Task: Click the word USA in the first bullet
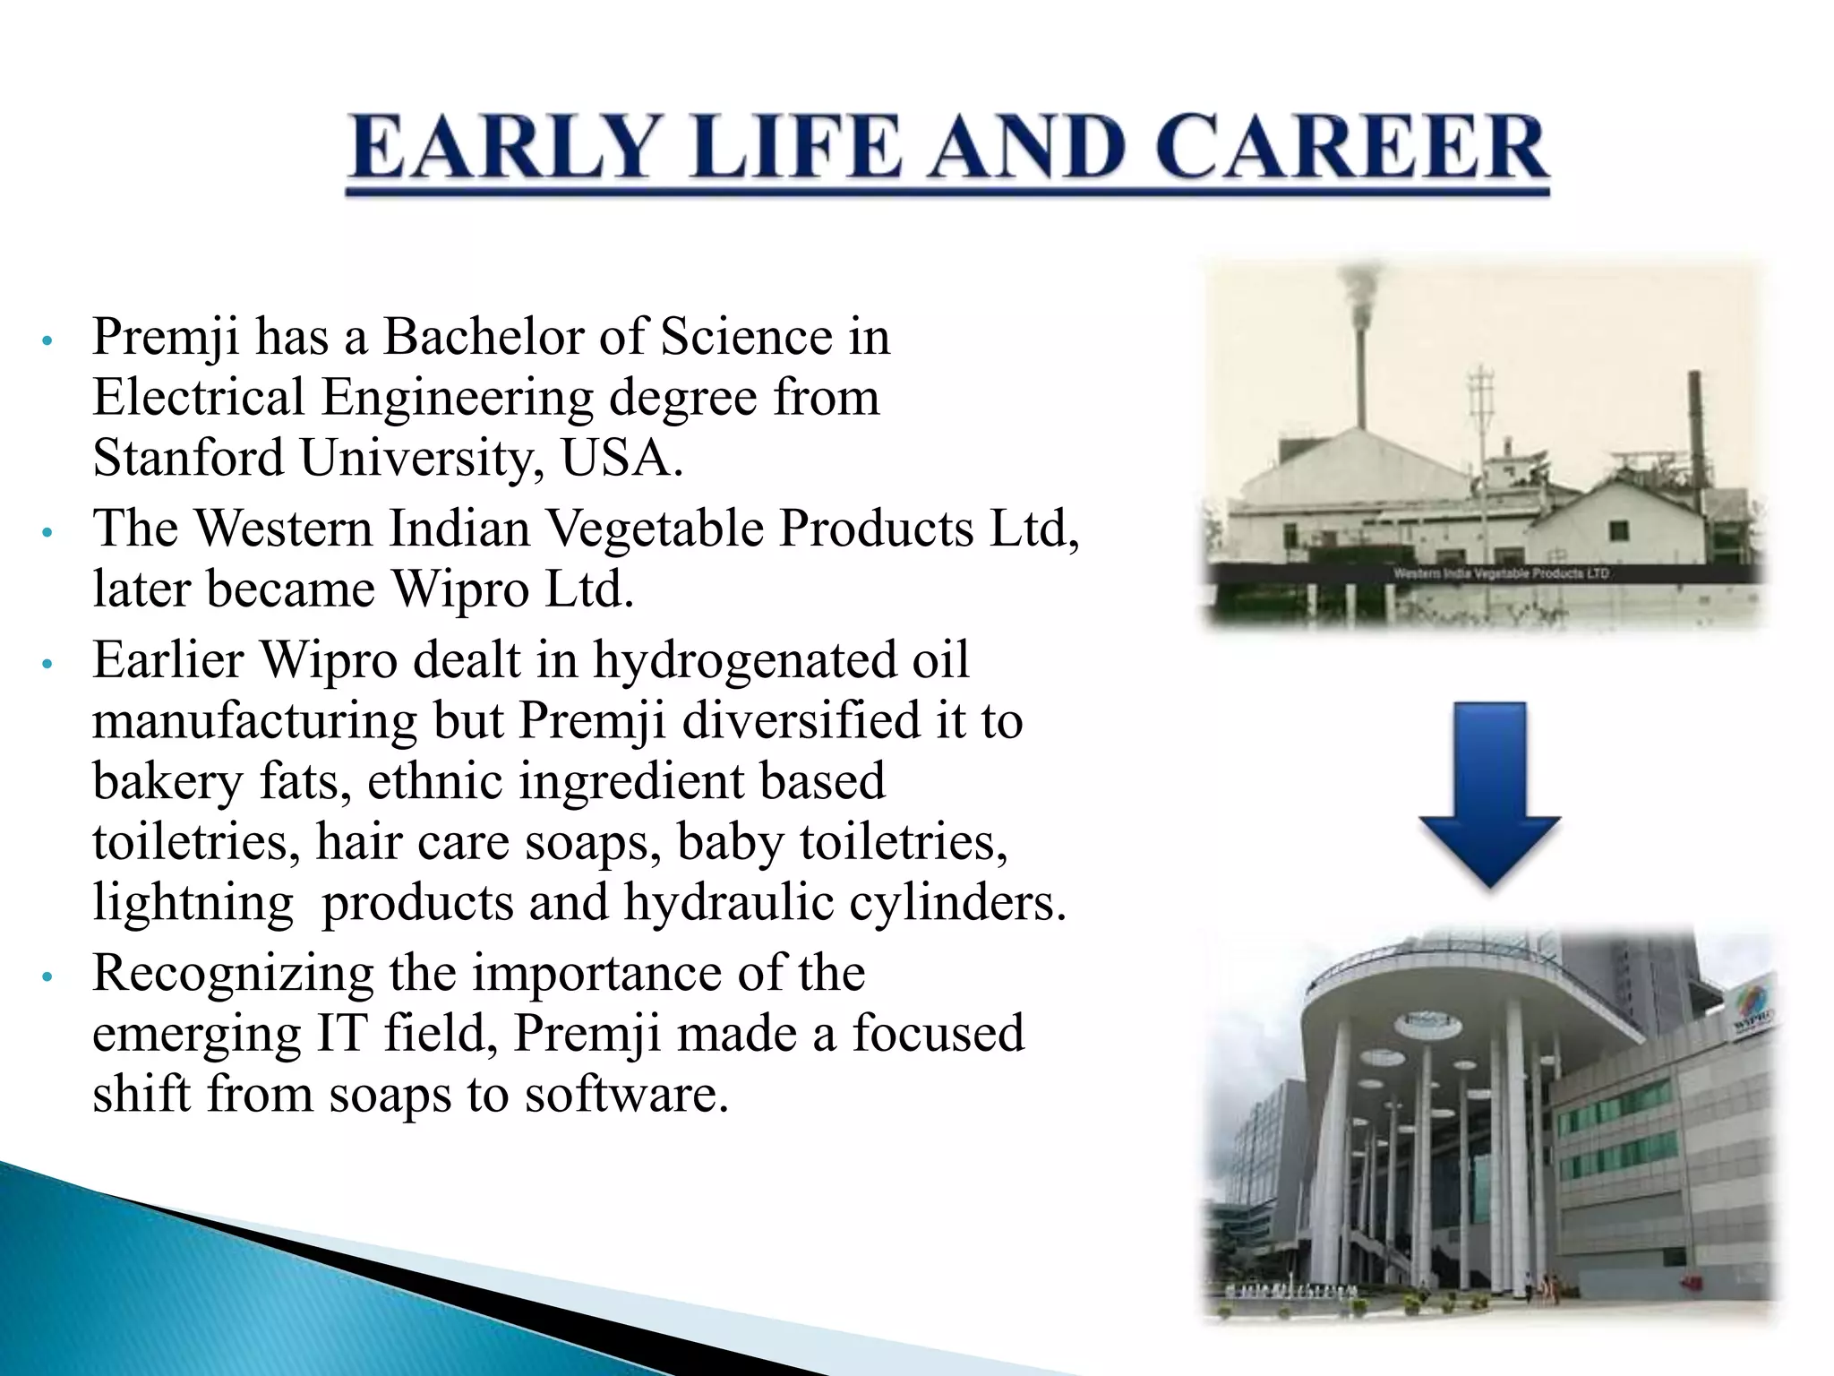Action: point(616,458)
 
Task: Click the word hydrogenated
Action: point(745,660)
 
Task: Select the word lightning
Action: point(193,902)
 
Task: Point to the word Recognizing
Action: point(233,974)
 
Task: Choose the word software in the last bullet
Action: point(626,1095)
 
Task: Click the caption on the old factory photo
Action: point(1501,572)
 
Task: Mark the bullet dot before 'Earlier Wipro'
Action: point(48,664)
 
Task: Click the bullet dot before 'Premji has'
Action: point(48,340)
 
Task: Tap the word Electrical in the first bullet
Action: point(199,397)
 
